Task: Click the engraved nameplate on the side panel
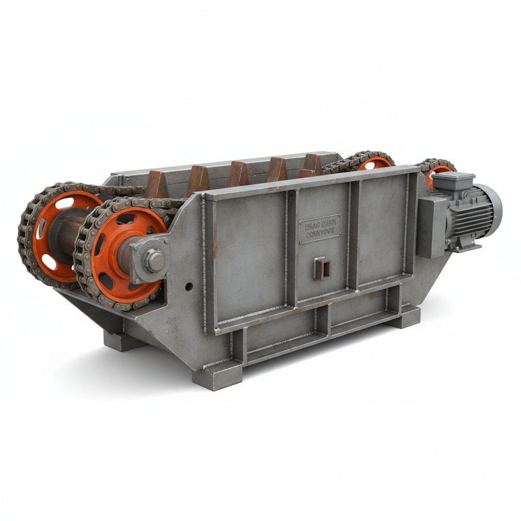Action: point(320,228)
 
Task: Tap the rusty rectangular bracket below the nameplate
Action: point(323,268)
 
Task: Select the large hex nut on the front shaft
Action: point(154,261)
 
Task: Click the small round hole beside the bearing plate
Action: point(189,287)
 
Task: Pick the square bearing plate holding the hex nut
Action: point(149,260)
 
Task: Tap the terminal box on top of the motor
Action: point(453,181)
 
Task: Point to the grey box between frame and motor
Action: point(430,226)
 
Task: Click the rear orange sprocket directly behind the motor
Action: point(438,173)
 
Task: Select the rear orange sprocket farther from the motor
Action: point(375,163)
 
